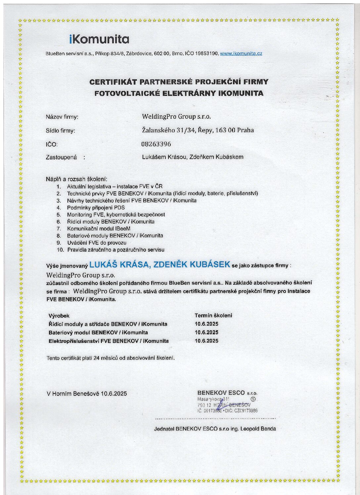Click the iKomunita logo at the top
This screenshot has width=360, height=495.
coord(99,39)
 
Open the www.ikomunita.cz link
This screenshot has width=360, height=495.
coord(241,53)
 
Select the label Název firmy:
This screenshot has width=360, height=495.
coord(62,117)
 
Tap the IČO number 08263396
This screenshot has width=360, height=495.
coord(156,144)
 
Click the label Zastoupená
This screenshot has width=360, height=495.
coord(61,157)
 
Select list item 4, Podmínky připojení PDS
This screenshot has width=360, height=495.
coord(96,208)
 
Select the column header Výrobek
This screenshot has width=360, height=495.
coord(59,316)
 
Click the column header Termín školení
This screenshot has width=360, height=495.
coord(213,315)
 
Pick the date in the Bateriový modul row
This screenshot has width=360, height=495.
coord(206,332)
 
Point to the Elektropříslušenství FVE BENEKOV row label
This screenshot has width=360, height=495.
coord(109,341)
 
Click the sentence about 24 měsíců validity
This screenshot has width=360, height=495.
coord(111,358)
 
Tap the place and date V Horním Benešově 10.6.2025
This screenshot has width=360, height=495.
coord(87,393)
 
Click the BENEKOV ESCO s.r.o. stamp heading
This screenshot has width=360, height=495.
coord(227,393)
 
